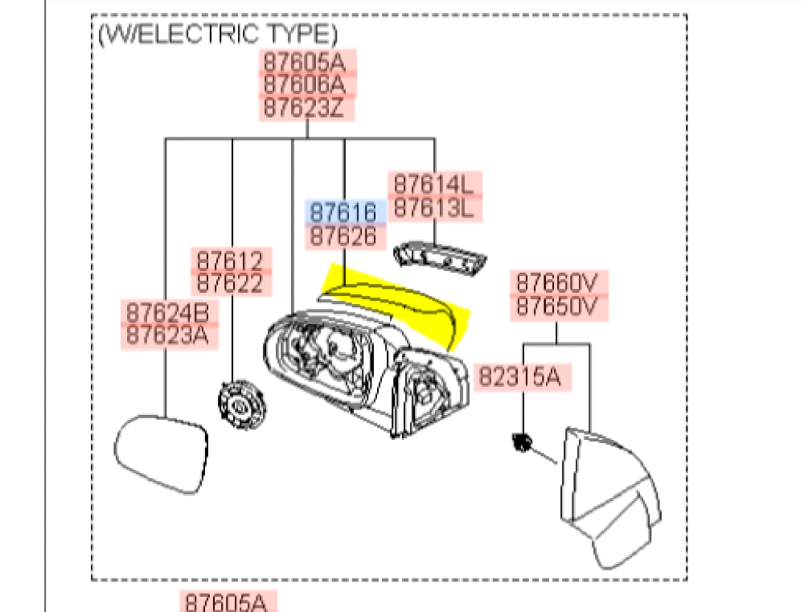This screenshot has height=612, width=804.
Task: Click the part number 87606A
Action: click(306, 84)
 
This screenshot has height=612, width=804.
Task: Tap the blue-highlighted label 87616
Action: click(343, 212)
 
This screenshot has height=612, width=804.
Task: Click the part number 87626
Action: click(343, 236)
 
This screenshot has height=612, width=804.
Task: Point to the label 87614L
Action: click(435, 183)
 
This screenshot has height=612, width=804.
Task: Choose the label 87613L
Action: click(435, 207)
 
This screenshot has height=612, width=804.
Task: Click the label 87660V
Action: click(557, 283)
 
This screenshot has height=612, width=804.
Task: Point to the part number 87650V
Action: click(557, 306)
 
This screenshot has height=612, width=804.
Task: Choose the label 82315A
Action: click(523, 376)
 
